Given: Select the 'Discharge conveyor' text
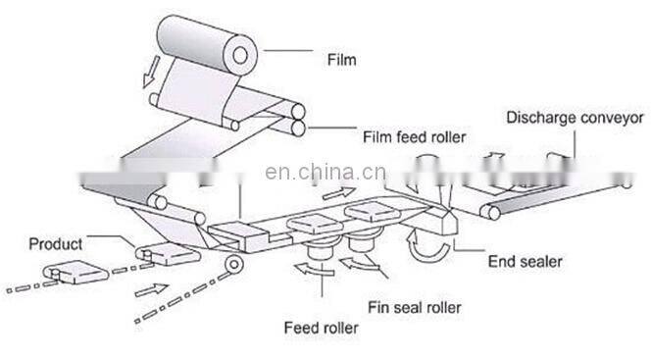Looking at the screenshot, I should click(x=574, y=119).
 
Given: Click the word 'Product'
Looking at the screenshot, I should click(x=55, y=243).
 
